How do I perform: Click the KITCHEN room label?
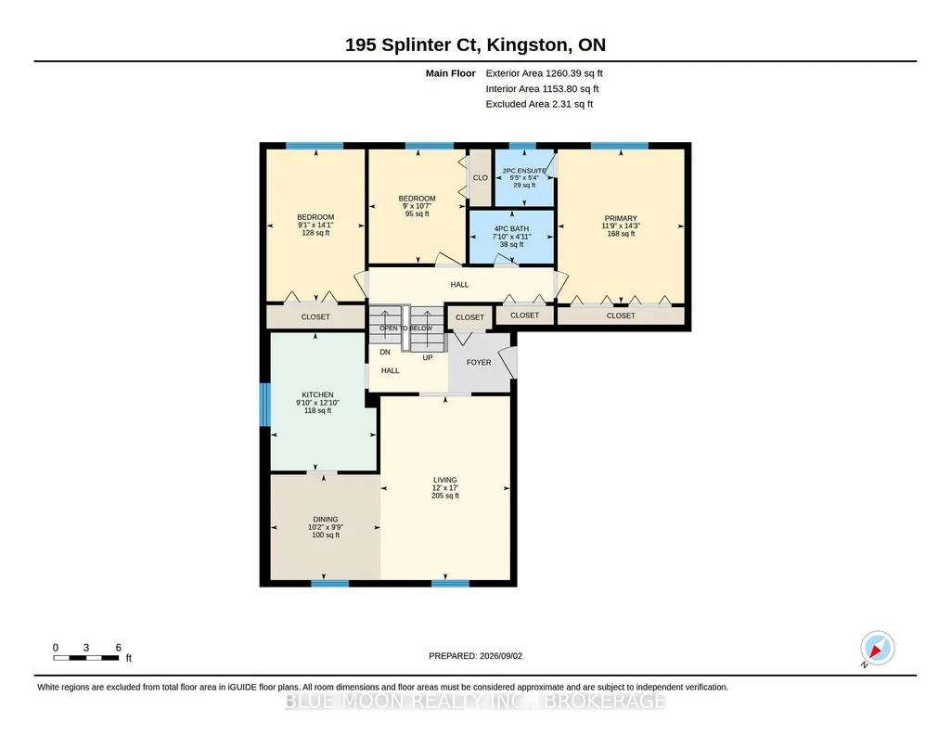coord(318,394)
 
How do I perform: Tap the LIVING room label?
coord(445,480)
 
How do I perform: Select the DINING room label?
coord(326,519)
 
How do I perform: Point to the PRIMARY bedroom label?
coord(621,218)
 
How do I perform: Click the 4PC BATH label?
coord(512,229)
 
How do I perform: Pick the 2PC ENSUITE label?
coord(524,171)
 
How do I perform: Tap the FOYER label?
coord(479,362)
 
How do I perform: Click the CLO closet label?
coord(481,177)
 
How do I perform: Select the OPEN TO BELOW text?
coord(406,329)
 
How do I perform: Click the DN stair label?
coord(385,352)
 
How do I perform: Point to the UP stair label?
coord(428,358)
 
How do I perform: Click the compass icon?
coord(878,649)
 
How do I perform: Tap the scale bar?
coord(86,658)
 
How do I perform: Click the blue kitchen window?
coord(264,405)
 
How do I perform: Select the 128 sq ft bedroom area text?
coord(316,233)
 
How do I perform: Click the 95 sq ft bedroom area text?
coord(418,213)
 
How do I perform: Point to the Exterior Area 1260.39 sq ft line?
coord(544,73)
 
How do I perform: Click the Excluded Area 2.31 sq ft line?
coord(539,104)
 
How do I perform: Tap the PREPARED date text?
coord(475,655)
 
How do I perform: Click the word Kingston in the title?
coord(528,45)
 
